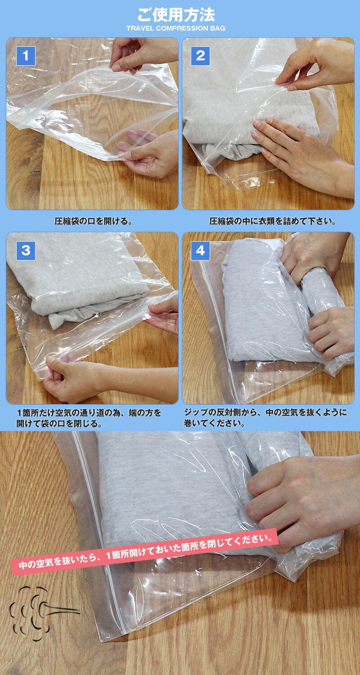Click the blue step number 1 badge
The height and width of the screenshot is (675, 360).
coord(26,56)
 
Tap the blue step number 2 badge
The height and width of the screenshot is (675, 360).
coord(200,56)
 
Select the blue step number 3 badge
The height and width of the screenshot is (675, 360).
coord(26,250)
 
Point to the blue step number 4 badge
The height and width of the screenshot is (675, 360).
coord(200,250)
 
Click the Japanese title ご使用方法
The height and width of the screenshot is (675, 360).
coord(176,15)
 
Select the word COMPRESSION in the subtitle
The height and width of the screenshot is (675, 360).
coord(182,28)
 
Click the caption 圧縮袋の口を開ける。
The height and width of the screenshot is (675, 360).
coord(93,221)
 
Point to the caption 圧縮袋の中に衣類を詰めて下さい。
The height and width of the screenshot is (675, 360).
coord(273,221)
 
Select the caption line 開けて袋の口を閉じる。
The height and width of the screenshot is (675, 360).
coord(59,423)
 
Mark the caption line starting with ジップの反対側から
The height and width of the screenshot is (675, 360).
coord(265,412)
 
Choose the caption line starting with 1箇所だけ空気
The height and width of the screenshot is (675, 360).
coord(89,412)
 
